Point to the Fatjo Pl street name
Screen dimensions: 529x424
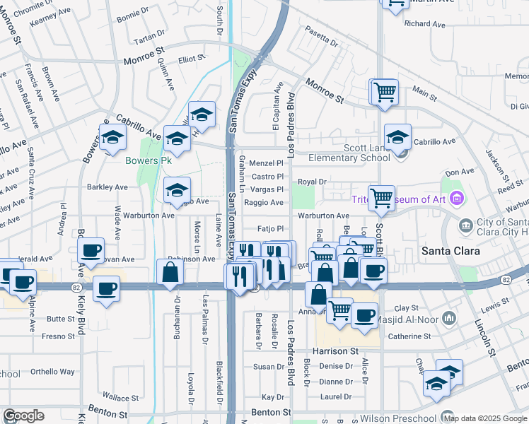(x=269, y=229)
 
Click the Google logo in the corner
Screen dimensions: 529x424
(x=23, y=416)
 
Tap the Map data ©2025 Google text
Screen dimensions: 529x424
(x=485, y=419)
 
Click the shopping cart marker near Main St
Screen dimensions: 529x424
(x=384, y=91)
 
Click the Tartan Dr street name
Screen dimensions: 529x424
(x=149, y=34)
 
